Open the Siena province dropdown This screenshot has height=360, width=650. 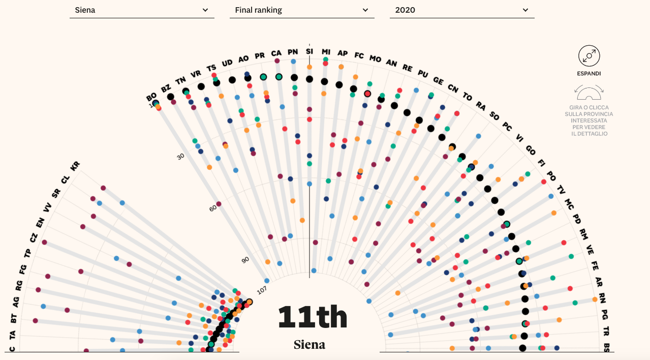[141, 10]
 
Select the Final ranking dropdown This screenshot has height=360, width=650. [301, 10]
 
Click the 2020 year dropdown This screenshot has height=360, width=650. [461, 10]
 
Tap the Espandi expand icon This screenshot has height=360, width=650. [589, 55]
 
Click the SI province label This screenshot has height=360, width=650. [309, 51]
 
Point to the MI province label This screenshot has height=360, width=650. [326, 52]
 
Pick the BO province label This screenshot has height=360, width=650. [151, 97]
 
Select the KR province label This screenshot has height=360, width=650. [75, 166]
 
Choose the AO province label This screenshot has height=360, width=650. [243, 59]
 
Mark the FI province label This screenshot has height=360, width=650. [541, 163]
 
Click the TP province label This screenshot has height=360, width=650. [27, 253]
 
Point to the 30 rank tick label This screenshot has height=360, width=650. [180, 157]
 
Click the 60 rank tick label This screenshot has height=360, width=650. [213, 208]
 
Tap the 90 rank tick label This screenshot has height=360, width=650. [245, 260]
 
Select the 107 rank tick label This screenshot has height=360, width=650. [262, 290]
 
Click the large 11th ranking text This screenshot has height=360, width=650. [313, 317]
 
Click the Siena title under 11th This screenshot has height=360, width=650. [309, 345]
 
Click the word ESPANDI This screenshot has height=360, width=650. [589, 74]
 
